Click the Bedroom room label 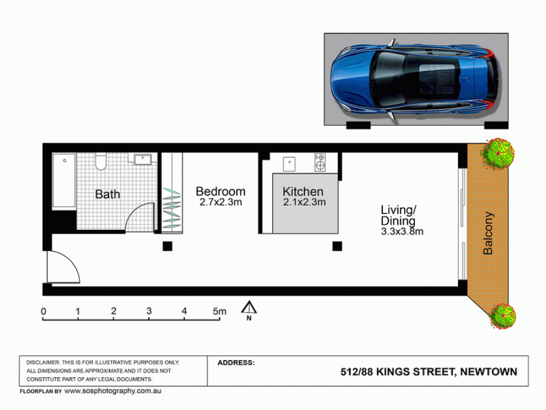[220, 191]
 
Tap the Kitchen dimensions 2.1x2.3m [305, 202]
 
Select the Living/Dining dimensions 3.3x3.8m [402, 231]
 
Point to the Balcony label [488, 233]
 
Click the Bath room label [107, 194]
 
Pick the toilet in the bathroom [101, 162]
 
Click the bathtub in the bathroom [64, 180]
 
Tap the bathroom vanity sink [143, 159]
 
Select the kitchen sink [289, 164]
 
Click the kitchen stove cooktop [320, 162]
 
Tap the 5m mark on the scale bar [220, 311]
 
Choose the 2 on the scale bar [113, 311]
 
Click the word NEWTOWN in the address [488, 372]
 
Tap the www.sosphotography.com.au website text [113, 391]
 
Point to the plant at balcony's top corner [498, 154]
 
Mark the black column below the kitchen [337, 246]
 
